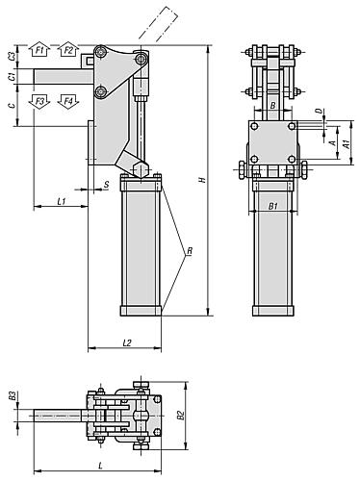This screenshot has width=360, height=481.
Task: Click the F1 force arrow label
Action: coord(39,49)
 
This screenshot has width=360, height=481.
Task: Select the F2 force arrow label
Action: coord(68,49)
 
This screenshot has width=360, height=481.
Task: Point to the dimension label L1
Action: coord(60,201)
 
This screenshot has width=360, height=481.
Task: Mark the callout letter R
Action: coord(190,251)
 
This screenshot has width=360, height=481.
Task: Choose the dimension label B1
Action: coord(272,205)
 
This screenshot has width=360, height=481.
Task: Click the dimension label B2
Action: coord(179,416)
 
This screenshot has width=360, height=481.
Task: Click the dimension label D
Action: coord(320,113)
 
